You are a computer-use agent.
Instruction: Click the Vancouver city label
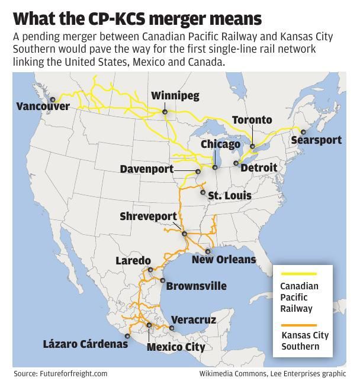pos(43,107)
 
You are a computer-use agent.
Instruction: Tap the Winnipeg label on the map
pos(175,95)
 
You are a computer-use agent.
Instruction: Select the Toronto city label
pos(252,120)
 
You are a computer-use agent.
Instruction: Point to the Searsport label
pos(316,140)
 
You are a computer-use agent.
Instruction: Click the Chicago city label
pos(220,144)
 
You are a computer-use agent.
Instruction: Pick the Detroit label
pos(259,167)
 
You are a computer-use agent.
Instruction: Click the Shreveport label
pos(148,216)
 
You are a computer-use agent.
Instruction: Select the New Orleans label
pos(224,259)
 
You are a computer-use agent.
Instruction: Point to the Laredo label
pos(133,260)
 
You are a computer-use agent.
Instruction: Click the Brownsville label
pos(196,286)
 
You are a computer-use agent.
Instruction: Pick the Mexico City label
pos(176,347)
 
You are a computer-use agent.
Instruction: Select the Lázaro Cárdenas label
pos(85,344)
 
